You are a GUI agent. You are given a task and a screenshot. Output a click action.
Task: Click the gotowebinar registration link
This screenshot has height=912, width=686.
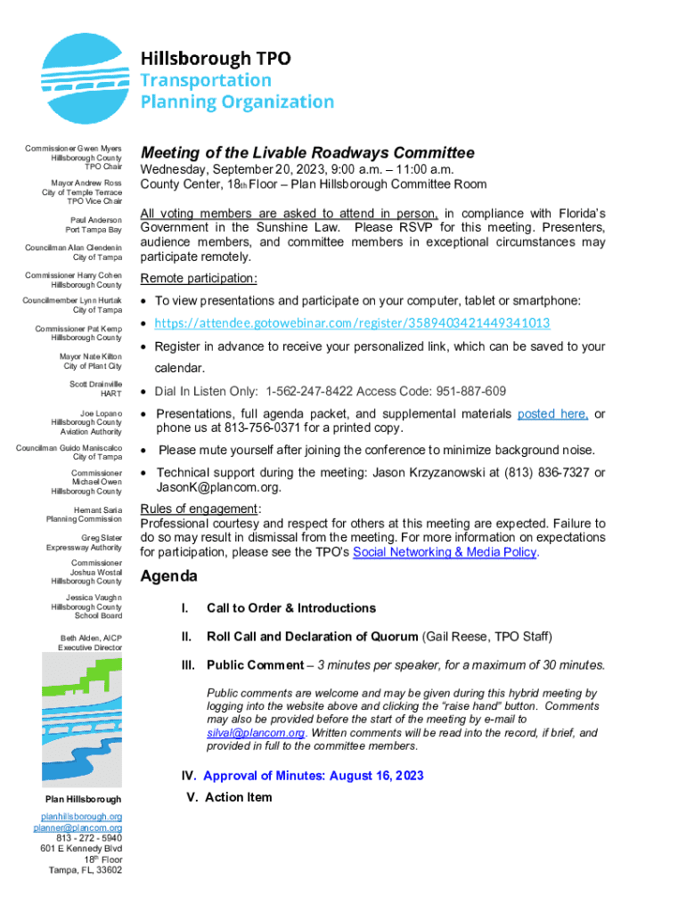(x=352, y=322)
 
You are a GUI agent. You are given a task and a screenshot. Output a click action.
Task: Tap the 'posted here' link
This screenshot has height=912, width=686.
(x=552, y=414)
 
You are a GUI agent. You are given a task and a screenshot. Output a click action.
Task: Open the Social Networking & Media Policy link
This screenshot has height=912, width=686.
(x=445, y=552)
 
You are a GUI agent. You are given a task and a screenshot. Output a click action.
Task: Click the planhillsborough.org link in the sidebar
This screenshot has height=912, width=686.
(x=82, y=817)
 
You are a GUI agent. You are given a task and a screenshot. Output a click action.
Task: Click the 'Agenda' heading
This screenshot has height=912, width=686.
(x=168, y=577)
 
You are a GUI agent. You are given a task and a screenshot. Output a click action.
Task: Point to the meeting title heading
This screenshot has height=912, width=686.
(x=307, y=152)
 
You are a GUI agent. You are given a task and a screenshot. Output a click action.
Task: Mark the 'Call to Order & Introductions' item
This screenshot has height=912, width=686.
(x=290, y=608)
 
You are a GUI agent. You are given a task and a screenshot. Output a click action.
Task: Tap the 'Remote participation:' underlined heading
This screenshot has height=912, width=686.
(x=199, y=279)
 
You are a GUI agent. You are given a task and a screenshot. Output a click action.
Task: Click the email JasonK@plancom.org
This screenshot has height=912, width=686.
(x=218, y=488)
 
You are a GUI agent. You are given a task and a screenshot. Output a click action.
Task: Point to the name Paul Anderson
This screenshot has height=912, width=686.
(x=96, y=219)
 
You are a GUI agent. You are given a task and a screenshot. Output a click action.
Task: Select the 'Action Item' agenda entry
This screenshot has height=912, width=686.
(x=238, y=797)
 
